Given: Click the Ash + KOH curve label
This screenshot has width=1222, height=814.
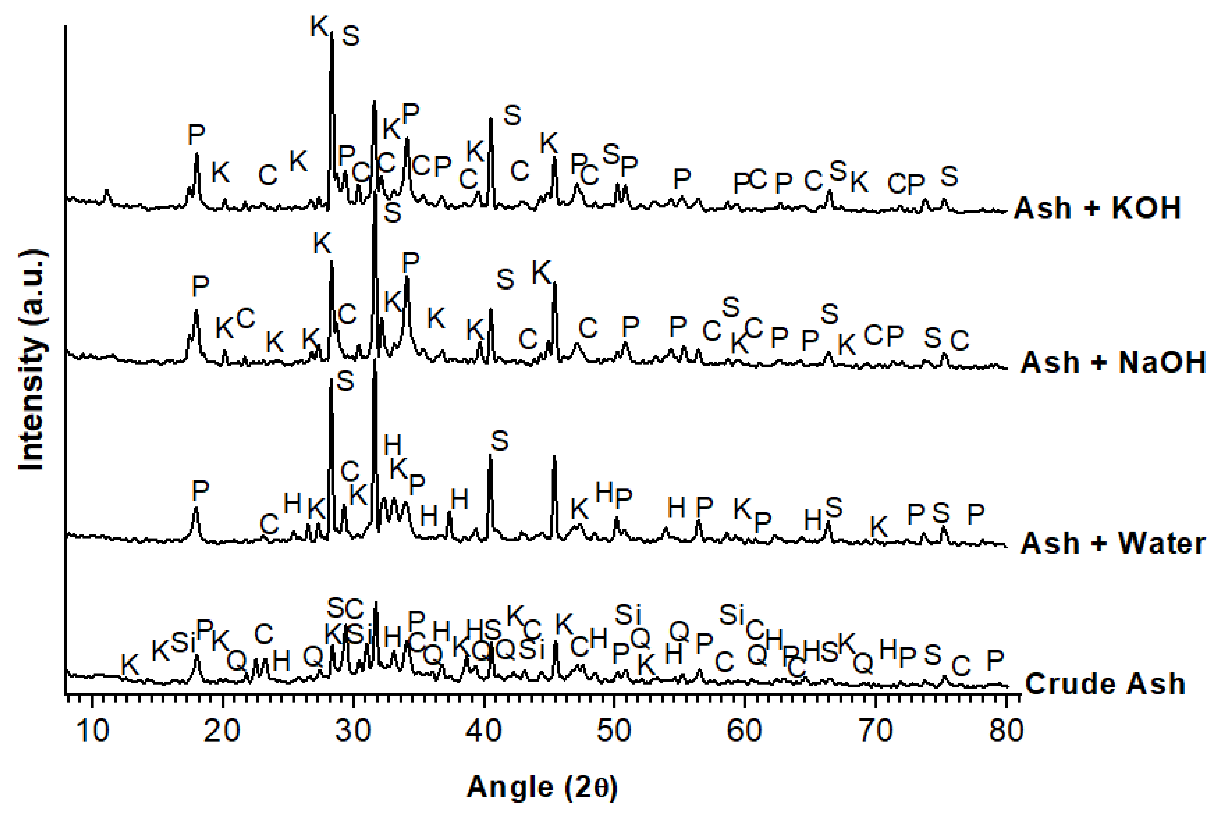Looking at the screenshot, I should click(x=1097, y=208).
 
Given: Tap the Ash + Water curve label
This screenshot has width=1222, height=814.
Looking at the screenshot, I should click(x=1112, y=543).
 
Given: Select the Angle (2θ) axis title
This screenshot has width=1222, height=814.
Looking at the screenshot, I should click(x=542, y=787).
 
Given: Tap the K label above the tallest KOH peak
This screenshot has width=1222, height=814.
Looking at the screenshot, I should click(x=319, y=26).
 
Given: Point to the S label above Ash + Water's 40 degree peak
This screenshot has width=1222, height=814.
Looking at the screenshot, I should click(x=499, y=441).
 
